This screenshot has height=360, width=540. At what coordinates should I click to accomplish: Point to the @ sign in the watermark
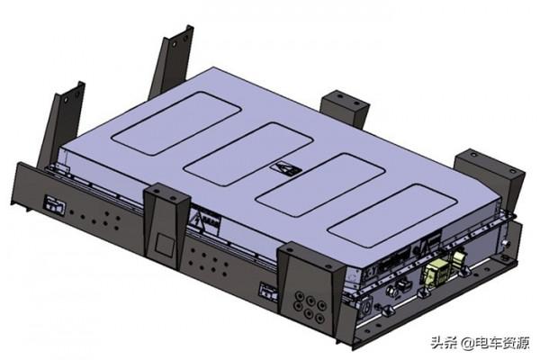[x=468, y=343]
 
